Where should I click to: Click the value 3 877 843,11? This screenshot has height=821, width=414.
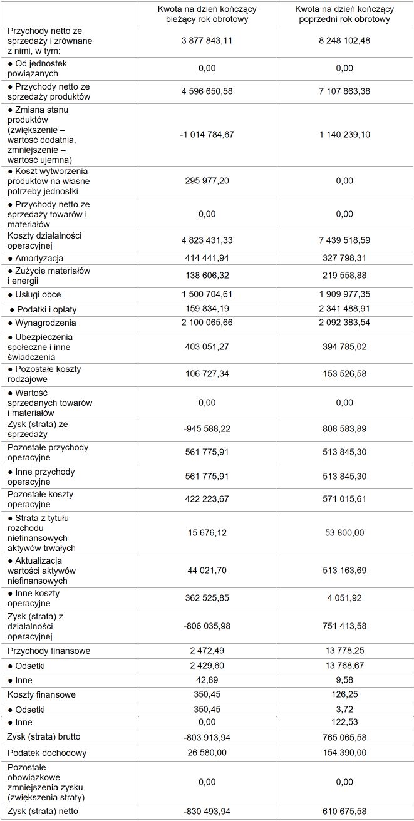click(207, 41)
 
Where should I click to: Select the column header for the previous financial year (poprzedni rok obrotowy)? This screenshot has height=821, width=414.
click(344, 14)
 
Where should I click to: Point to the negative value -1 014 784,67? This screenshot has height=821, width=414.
click(207, 135)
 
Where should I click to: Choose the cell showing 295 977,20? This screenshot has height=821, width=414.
click(207, 181)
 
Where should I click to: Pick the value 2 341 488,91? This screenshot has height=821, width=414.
click(344, 309)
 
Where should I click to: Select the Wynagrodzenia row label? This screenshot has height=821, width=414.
click(42, 323)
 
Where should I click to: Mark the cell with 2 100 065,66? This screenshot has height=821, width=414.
click(207, 323)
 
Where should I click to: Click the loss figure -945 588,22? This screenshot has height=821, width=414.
click(207, 430)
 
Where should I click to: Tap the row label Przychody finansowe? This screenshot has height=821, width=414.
click(49, 651)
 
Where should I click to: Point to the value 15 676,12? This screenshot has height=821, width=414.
click(207, 533)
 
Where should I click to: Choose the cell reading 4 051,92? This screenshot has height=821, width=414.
click(344, 599)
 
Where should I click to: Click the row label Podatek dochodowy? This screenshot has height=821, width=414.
click(47, 753)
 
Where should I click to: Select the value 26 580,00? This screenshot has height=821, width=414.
click(207, 753)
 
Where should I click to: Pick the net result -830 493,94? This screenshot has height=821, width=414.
click(207, 812)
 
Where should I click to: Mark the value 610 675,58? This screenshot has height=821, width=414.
click(344, 812)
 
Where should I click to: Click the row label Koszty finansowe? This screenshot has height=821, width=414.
click(42, 695)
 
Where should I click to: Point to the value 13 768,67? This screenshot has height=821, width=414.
click(344, 666)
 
